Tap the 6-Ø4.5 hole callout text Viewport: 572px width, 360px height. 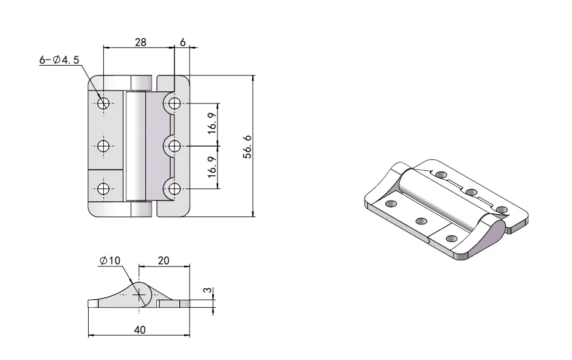click(x=60, y=60)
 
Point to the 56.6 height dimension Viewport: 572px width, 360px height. click(x=247, y=147)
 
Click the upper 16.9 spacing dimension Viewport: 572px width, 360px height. click(x=212, y=125)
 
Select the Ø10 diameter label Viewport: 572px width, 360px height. click(x=111, y=260)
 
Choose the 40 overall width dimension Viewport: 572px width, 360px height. click(x=139, y=329)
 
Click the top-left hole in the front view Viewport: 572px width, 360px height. click(x=103, y=103)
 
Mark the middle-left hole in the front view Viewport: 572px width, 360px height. click(x=103, y=146)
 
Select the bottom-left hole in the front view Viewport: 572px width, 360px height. click(x=103, y=188)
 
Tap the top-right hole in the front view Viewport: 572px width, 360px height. click(x=175, y=103)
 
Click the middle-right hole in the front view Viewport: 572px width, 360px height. click(x=175, y=146)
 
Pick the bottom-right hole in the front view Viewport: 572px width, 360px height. click(x=175, y=188)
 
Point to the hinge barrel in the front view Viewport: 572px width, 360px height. click(x=135, y=146)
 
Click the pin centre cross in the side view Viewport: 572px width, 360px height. click(x=140, y=295)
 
